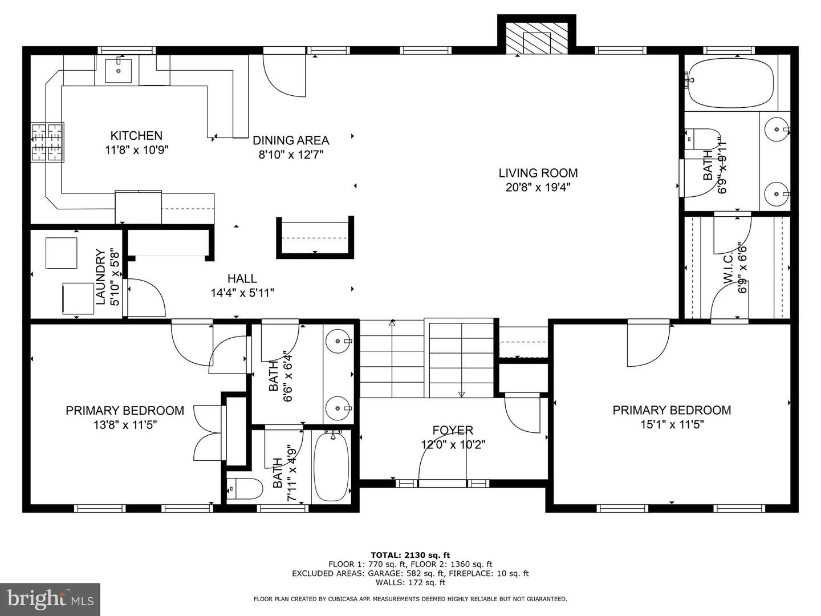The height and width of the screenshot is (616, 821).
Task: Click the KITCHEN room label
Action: pyautogui.click(x=136, y=136)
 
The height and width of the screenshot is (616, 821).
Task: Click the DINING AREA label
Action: pyautogui.click(x=291, y=140)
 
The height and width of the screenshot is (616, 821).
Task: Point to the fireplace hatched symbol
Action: pyautogui.click(x=537, y=39)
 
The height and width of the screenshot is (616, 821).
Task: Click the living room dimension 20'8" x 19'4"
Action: pyautogui.click(x=538, y=187)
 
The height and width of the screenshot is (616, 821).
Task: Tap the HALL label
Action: pyautogui.click(x=242, y=279)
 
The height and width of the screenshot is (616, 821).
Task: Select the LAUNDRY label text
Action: pyautogui.click(x=101, y=277)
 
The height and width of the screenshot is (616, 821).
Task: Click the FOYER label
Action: pyautogui.click(x=453, y=431)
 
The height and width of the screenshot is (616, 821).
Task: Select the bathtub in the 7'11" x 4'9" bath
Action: pyautogui.click(x=331, y=467)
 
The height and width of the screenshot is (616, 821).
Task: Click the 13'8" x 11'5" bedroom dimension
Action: pyautogui.click(x=125, y=425)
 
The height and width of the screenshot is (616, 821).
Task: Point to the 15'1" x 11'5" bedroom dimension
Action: pyautogui.click(x=672, y=425)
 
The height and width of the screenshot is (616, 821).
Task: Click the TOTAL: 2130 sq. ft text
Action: pyautogui.click(x=410, y=555)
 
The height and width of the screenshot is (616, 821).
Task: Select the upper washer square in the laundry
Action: pyautogui.click(x=61, y=253)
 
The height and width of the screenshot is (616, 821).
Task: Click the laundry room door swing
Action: pyautogui.click(x=145, y=297)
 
